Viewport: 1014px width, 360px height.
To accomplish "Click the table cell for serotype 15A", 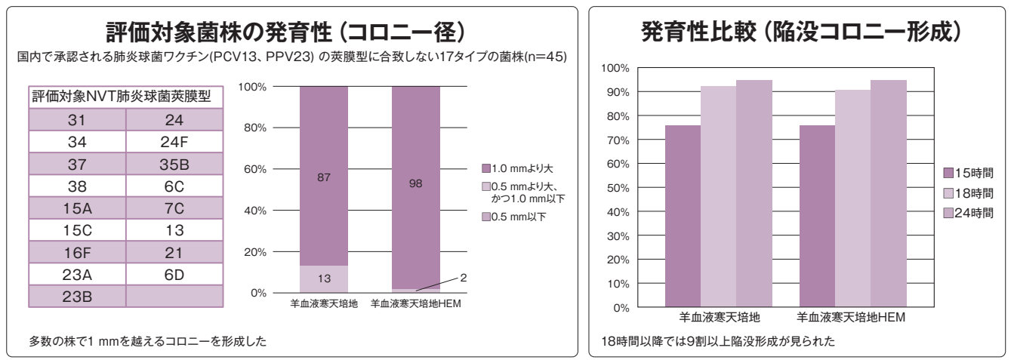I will coord(77,207).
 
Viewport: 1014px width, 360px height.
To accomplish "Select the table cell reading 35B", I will coord(174,163).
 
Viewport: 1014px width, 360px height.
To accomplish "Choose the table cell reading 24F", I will coord(174,141).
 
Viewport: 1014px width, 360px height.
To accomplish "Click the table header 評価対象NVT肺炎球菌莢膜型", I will coord(121,97).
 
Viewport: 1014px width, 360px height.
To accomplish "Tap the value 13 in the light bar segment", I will coord(324,278).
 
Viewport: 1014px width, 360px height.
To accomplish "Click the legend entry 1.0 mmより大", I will coord(522,168).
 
